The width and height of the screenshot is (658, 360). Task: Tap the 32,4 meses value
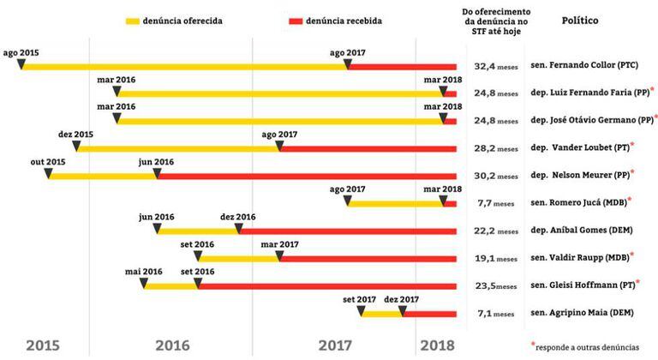point(496,65)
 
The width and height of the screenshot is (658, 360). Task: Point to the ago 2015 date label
point(22,52)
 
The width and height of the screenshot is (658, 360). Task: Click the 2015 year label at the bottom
point(44,345)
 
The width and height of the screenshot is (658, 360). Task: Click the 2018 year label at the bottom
point(437,345)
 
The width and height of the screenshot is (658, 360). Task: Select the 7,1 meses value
point(496,314)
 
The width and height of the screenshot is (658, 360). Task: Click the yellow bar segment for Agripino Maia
point(382,314)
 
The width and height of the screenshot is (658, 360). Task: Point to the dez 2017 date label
point(402,300)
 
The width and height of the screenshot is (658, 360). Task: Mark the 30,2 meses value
point(496,176)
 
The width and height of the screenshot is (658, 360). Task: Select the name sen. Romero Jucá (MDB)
point(579,203)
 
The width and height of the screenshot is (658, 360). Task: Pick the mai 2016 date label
point(144,272)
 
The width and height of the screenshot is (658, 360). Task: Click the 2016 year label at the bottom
point(172,345)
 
